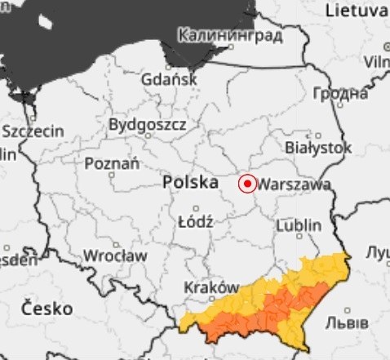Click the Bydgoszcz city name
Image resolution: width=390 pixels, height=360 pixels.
(148, 126)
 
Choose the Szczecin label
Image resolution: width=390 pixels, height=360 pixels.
(33, 131)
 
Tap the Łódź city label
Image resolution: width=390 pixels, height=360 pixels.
(195, 221)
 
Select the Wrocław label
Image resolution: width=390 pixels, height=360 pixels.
(115, 256)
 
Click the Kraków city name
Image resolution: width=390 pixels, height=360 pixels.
(211, 288)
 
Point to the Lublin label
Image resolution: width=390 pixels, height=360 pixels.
(299, 225)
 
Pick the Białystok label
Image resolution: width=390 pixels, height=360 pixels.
(318, 149)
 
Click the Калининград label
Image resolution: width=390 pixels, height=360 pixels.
(229, 36)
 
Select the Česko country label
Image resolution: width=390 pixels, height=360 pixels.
(47, 309)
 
